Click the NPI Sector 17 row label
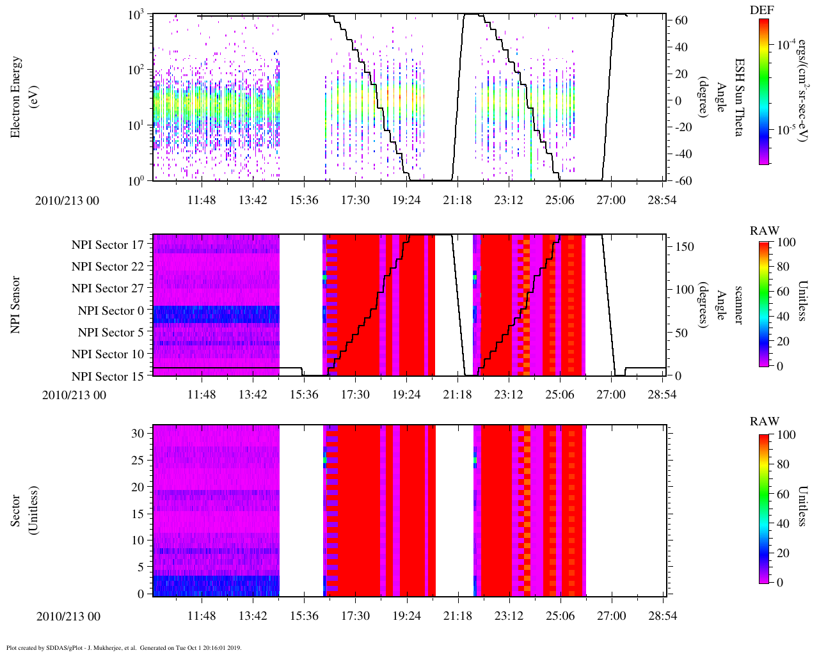[107, 245]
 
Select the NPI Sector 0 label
[111, 311]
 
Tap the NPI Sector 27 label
[107, 288]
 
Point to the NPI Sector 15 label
[107, 377]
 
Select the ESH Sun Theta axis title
[738, 97]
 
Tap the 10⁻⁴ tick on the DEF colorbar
[784, 45]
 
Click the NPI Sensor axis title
[16, 304]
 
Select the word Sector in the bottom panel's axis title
[16, 510]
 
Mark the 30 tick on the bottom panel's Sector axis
[139, 433]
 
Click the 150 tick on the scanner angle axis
[685, 247]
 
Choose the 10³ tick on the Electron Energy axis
[137, 15]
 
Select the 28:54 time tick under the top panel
[662, 200]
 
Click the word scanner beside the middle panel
[738, 304]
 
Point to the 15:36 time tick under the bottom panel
[304, 616]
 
